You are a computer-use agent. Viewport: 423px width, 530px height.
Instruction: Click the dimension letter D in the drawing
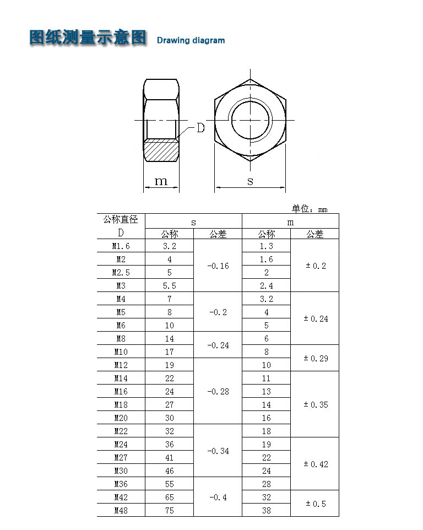pos(200,128)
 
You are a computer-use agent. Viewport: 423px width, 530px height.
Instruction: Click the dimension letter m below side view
pos(161,181)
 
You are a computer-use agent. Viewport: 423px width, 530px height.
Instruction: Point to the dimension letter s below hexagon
pos(250,181)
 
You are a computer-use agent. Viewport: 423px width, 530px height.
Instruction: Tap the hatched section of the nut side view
pos(161,150)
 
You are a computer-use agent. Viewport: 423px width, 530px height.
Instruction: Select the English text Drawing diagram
pos(191,40)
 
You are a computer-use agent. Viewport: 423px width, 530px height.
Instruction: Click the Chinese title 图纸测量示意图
pos(88,37)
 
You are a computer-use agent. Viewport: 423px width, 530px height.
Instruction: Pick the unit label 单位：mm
pos(309,209)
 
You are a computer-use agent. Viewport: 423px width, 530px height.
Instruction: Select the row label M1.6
pos(121,246)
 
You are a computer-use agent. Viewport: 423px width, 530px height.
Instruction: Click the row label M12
pos(121,365)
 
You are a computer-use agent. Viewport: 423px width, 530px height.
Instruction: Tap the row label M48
pos(121,510)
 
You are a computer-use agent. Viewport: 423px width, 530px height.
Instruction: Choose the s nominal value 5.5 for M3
pos(170,285)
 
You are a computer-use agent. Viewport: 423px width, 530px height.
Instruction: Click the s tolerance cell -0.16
pos(218,266)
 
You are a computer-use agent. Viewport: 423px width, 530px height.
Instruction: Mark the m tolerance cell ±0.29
pos(316,358)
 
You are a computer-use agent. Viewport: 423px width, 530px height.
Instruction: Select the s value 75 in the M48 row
pos(170,510)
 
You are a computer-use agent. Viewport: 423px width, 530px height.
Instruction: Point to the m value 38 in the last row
pos(267,510)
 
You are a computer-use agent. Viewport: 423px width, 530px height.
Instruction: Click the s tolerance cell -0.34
pos(218,451)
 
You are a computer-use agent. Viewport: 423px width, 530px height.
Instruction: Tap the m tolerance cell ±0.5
pos(316,504)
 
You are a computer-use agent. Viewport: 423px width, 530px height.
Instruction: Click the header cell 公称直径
pos(121,220)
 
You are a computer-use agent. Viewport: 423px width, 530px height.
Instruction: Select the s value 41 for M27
pos(170,457)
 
